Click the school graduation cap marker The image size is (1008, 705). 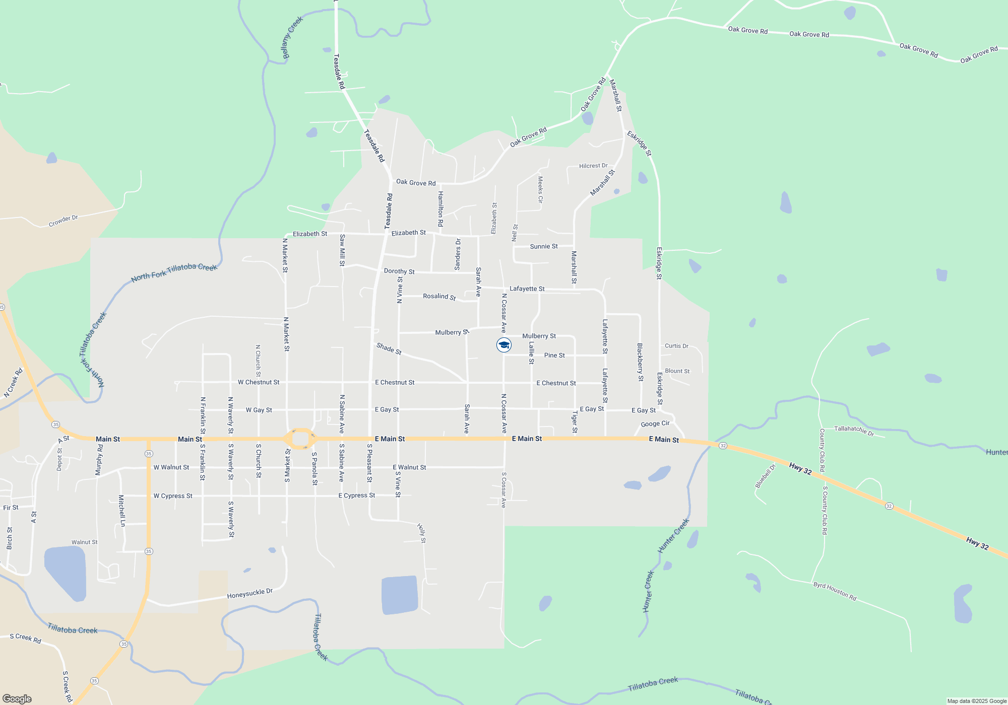(x=504, y=345)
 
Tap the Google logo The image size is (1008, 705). (x=17, y=699)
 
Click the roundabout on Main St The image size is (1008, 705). (x=300, y=439)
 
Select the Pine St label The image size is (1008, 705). (x=554, y=356)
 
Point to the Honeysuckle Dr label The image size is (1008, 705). (x=249, y=594)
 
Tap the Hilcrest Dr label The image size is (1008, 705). (x=593, y=166)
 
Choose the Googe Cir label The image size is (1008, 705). (x=655, y=424)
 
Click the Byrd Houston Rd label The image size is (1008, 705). (x=835, y=591)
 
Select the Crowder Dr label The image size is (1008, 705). (x=63, y=221)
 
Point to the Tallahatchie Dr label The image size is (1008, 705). (x=854, y=430)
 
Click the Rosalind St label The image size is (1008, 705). (x=439, y=297)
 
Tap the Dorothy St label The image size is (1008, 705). (x=399, y=271)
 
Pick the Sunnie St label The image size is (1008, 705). (x=544, y=247)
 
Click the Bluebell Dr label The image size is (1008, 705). (x=765, y=476)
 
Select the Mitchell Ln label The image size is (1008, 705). (x=121, y=511)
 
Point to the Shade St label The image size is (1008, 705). (x=389, y=348)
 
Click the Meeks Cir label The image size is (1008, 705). (x=540, y=189)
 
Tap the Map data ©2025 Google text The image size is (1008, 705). (x=977, y=701)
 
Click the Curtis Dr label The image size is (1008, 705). (x=676, y=346)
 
